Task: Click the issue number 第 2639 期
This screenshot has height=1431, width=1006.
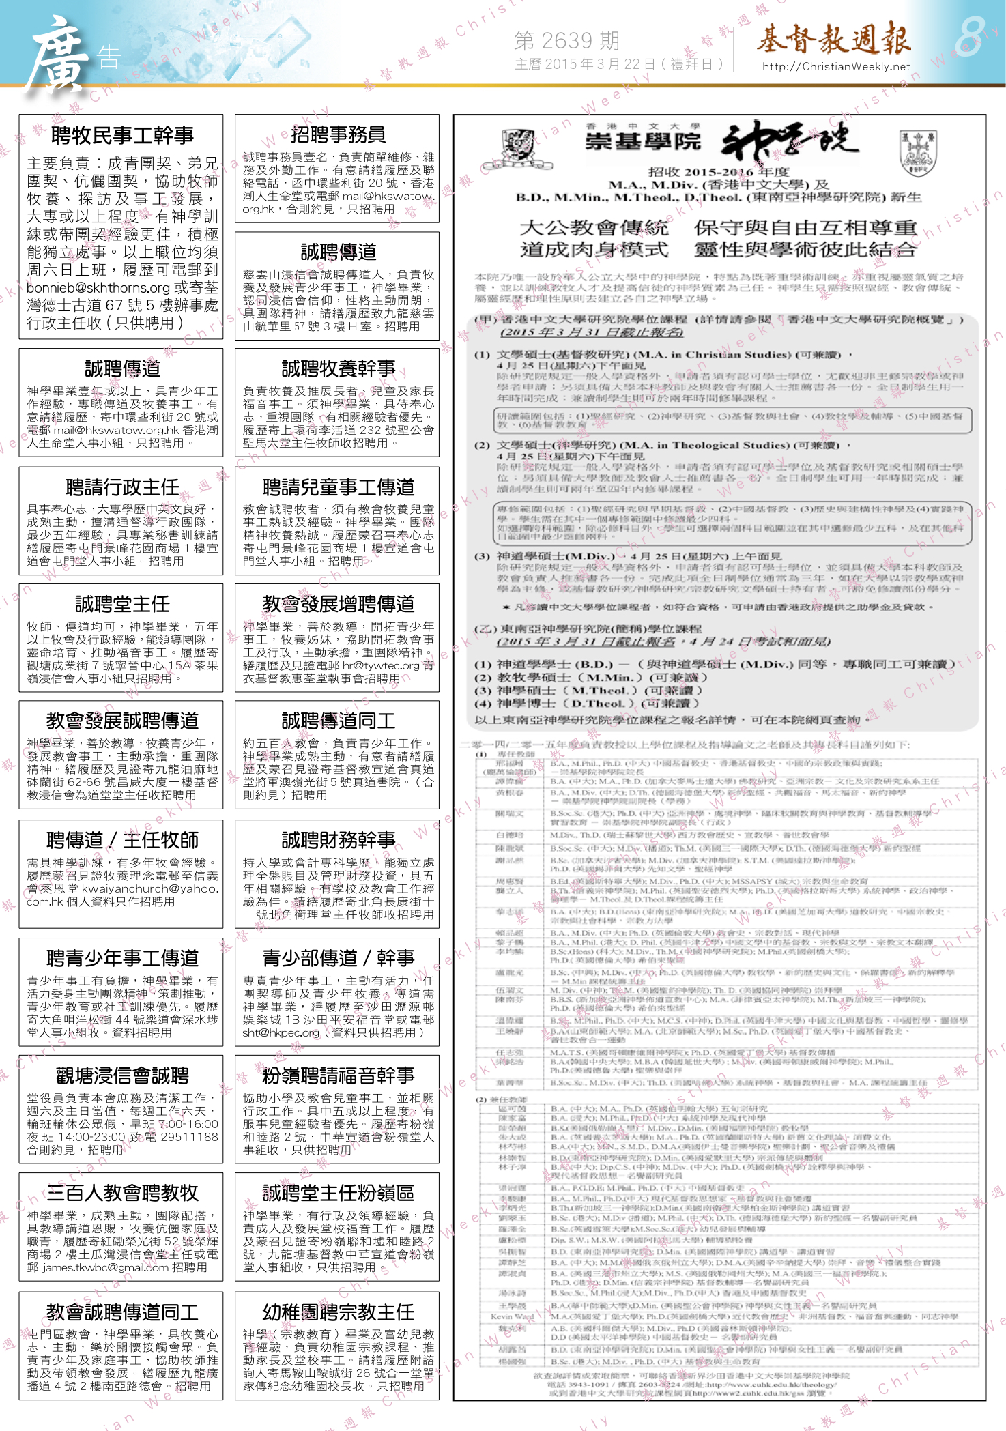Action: [566, 41]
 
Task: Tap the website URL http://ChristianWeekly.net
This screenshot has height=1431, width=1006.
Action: [836, 66]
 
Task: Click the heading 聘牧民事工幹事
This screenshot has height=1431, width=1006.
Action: [122, 135]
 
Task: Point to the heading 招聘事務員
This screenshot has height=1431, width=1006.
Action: [338, 134]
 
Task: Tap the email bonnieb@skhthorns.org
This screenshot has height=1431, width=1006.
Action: [98, 288]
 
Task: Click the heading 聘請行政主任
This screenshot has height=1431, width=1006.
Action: [122, 487]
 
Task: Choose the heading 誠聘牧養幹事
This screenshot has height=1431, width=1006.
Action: [338, 368]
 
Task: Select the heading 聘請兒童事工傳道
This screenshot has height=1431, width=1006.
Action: [338, 487]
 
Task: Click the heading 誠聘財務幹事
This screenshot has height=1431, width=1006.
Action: [338, 840]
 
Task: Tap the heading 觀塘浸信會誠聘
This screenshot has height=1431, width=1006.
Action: [122, 1076]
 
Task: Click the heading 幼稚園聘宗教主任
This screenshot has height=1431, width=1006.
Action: [338, 1312]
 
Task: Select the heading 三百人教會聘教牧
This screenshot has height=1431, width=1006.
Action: [122, 1194]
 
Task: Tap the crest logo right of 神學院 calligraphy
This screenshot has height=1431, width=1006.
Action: [917, 152]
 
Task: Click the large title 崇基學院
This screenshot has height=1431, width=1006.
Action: [643, 141]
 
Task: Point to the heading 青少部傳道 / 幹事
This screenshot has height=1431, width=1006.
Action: [338, 958]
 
